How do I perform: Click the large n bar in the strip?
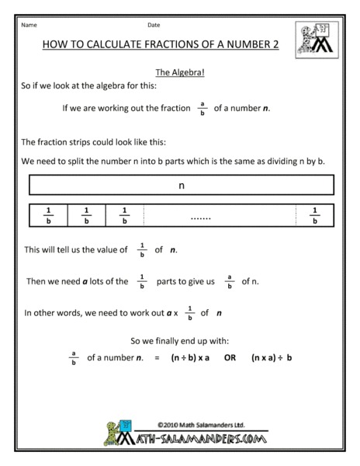(x=181, y=186)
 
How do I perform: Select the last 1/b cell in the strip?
(x=314, y=215)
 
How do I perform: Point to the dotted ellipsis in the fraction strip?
(x=200, y=219)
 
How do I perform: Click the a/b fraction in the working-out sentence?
(x=202, y=108)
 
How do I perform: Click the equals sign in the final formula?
(x=157, y=359)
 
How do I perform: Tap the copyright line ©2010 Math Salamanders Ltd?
(x=200, y=426)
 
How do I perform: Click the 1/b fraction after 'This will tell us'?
(x=141, y=249)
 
